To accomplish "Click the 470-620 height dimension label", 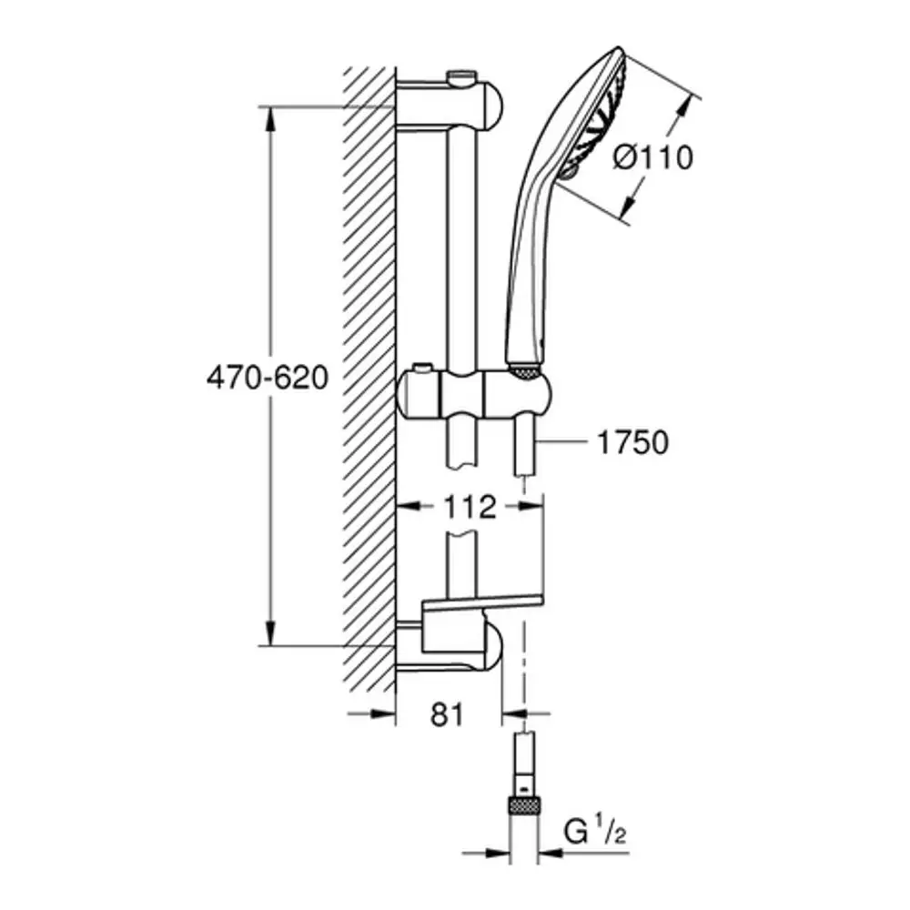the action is pos(268,378).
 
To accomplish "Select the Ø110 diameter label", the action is pos(653,157).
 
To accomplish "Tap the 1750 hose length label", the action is pos(632,443).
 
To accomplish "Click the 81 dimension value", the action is pos(447,714).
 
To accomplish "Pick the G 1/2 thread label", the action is pos(595,834).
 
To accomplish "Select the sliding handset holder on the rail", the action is pos(473,393).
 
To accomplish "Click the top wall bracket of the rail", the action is pos(450,104).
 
